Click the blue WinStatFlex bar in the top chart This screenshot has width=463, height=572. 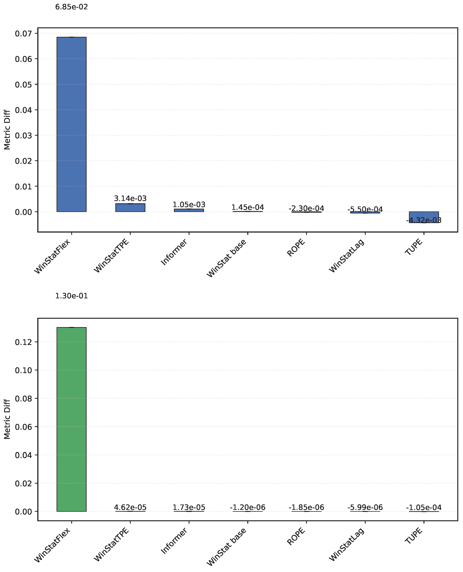tap(71, 124)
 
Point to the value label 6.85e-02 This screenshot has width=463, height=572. tap(71, 7)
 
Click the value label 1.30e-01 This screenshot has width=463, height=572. tap(71, 296)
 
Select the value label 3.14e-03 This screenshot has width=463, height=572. tap(130, 199)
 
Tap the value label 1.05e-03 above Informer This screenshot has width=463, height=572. tap(189, 205)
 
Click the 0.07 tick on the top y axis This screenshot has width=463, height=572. tap(23, 34)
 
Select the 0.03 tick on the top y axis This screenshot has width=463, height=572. tap(23, 135)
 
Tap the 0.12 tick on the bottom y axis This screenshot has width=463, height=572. tap(23, 342)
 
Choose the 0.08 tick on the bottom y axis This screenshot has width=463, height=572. tap(23, 399)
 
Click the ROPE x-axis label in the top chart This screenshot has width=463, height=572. tap(296, 248)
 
